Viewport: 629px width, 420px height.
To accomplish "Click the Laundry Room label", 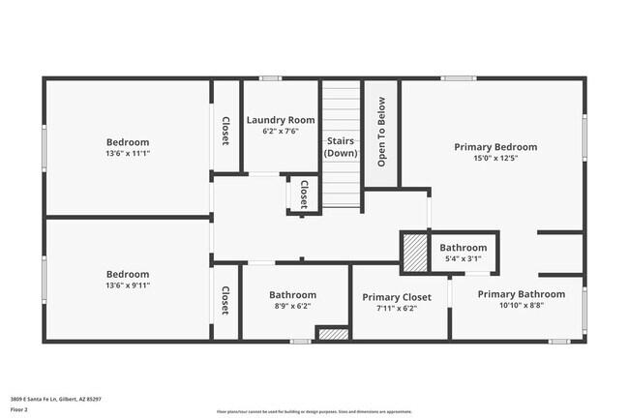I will [x=281, y=120].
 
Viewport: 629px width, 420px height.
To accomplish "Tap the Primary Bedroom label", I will [x=495, y=147].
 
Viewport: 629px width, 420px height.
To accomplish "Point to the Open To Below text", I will [x=381, y=132].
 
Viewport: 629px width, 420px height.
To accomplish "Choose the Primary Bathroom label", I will [x=522, y=294].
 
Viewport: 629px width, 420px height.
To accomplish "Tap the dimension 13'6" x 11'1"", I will [x=128, y=153].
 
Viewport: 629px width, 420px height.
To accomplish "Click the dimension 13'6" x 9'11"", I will [x=128, y=285].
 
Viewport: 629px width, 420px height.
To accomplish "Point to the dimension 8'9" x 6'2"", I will [x=292, y=306].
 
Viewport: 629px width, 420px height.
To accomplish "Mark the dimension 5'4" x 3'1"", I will [x=464, y=259].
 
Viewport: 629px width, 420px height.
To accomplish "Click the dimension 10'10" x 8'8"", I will [x=522, y=306].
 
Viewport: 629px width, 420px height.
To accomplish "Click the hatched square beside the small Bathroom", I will [x=414, y=253].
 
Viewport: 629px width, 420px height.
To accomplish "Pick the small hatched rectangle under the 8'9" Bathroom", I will [x=333, y=334].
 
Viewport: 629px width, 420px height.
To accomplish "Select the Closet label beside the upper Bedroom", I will [x=225, y=132].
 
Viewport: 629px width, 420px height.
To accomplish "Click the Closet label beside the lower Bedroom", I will [x=225, y=300].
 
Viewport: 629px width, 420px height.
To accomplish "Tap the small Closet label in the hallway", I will [x=303, y=194].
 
